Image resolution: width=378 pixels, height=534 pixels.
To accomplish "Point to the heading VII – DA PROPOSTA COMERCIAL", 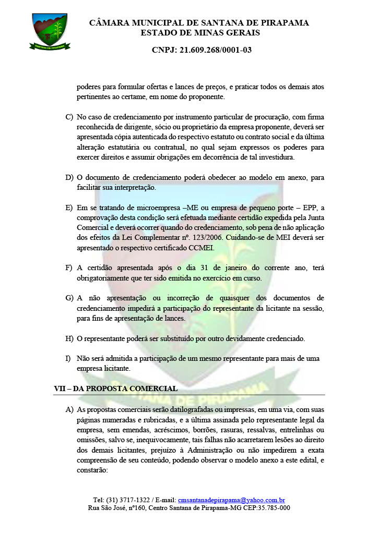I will tap(115, 389).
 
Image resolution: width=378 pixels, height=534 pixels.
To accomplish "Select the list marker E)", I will tap(69, 208).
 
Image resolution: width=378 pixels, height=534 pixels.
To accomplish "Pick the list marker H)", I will tap(69, 338).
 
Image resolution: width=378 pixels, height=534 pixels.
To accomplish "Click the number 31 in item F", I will tap(206, 268).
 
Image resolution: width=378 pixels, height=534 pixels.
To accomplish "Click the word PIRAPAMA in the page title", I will tap(284, 23).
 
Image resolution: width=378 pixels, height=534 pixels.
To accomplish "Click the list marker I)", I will tap(68, 358).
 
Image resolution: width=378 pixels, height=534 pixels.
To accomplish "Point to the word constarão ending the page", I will tap(92, 469).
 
